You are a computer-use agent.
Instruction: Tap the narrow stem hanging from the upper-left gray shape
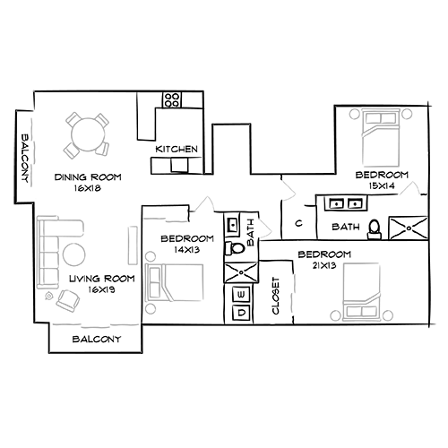pyautogui.click(x=39, y=179)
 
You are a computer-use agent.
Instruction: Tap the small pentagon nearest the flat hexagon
pyautogui.click(x=208, y=198)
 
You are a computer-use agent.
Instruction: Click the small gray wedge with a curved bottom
pyautogui.click(x=266, y=229)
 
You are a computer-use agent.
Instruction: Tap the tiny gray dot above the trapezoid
pyautogui.click(x=289, y=266)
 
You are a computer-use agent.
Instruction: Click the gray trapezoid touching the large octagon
pyautogui.click(x=298, y=294)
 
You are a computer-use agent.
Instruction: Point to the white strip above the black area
pyautogui.click(x=224, y=45)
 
